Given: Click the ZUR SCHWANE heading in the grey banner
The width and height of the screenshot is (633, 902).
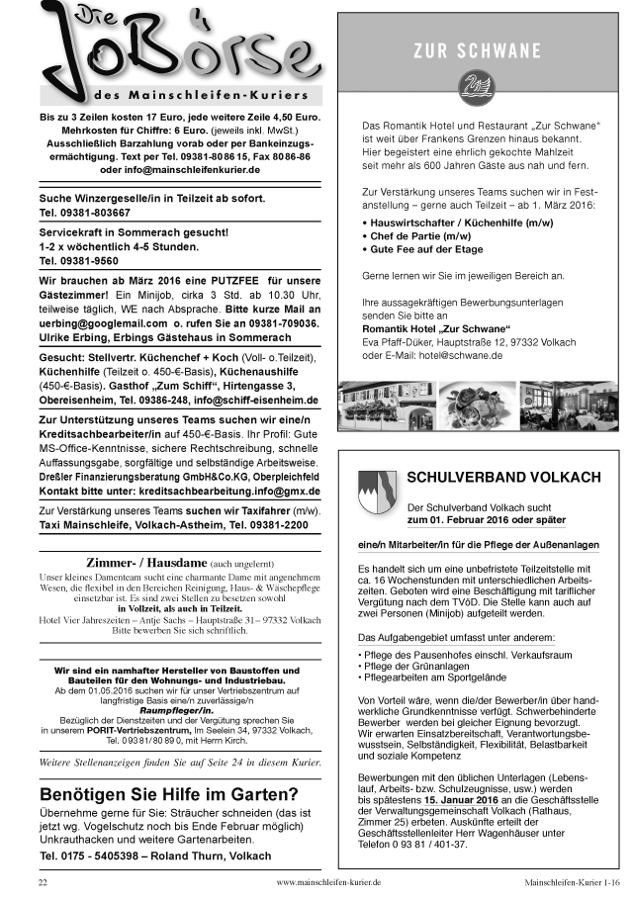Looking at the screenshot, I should [x=478, y=50].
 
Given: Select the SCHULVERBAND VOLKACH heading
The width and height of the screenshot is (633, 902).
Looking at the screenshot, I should [x=503, y=477].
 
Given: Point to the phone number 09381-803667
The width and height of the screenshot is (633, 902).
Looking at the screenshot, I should [x=84, y=212].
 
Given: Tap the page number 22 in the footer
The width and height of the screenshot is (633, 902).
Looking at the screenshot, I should [x=43, y=880].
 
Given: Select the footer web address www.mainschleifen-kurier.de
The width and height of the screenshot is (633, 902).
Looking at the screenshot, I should [x=328, y=880].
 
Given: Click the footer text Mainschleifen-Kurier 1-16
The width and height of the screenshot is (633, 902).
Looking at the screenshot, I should [x=573, y=880].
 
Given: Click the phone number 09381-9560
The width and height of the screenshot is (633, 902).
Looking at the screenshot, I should [x=78, y=260].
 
